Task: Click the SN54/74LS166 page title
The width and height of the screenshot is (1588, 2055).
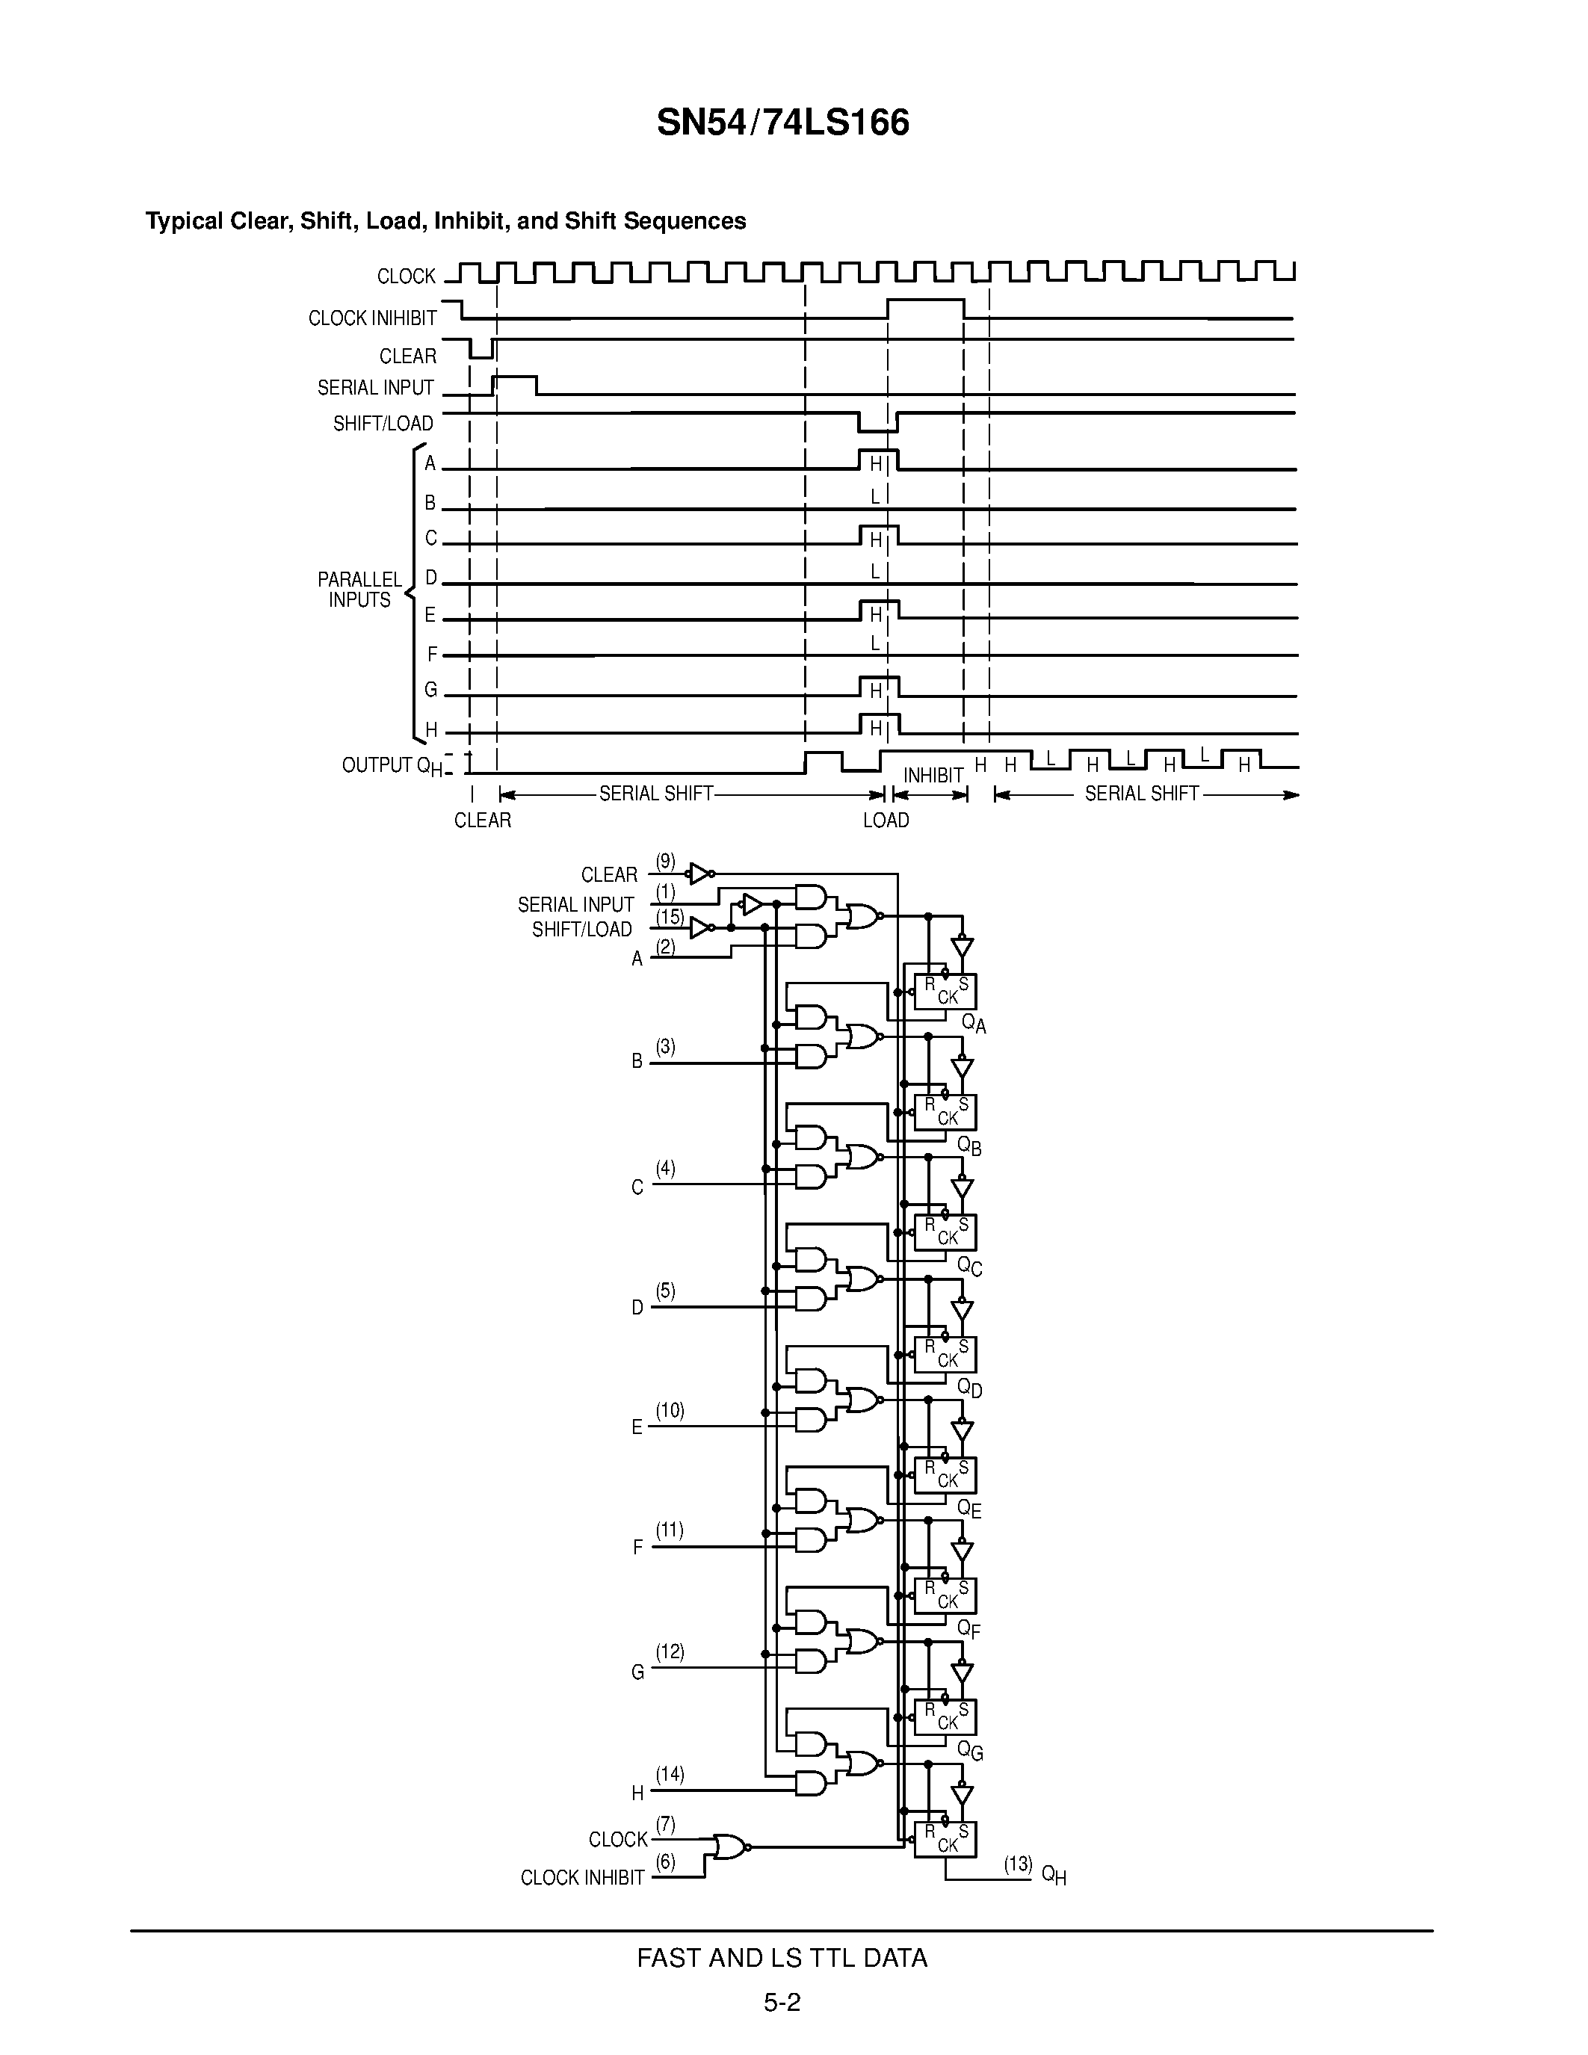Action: pos(782,123)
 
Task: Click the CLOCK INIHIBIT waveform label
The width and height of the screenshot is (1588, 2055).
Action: pos(373,319)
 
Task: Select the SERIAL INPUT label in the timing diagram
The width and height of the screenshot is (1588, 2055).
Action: pos(375,388)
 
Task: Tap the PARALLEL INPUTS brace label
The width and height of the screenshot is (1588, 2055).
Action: pos(359,590)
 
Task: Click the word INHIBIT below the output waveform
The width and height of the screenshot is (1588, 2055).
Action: pos(933,776)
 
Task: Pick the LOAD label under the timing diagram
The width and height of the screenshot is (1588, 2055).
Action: pos(886,821)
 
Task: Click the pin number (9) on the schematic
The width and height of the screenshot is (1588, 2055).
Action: pos(665,861)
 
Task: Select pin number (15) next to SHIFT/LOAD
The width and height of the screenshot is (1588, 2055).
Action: pos(669,915)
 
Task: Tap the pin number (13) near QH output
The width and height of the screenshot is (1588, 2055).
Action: pos(1018,1864)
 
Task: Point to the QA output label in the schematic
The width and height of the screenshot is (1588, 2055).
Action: pos(974,1024)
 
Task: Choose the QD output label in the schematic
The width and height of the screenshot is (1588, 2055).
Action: pos(970,1388)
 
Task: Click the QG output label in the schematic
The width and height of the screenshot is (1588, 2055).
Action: pos(970,1751)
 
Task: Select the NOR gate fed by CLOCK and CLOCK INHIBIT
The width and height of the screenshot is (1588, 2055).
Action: pos(730,1847)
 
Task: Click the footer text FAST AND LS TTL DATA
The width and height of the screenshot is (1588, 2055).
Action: pos(782,1958)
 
